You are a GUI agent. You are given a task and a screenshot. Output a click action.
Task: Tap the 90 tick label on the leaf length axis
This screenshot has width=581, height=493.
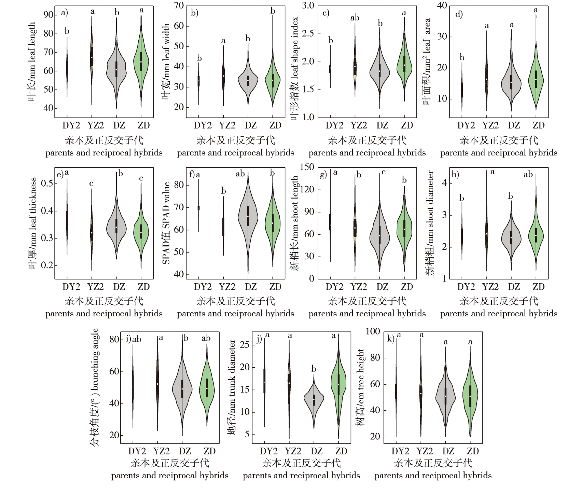49,15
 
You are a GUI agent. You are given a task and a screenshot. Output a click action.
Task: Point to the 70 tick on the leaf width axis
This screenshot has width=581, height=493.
179,6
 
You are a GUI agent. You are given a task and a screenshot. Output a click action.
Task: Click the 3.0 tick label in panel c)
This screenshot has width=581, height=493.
308,6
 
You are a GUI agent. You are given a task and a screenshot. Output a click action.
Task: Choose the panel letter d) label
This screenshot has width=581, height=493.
459,14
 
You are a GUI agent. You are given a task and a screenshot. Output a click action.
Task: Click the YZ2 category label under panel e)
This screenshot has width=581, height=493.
95,287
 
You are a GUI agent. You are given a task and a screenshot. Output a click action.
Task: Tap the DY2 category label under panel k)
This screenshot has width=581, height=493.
400,451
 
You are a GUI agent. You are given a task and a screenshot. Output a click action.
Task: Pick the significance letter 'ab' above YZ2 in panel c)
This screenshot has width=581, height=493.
355,18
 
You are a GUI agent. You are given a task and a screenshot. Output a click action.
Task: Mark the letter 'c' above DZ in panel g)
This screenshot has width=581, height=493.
384,172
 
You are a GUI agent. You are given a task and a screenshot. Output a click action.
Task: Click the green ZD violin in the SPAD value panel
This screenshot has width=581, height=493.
273,222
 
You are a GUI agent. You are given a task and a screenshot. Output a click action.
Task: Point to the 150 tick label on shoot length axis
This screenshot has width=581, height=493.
307,167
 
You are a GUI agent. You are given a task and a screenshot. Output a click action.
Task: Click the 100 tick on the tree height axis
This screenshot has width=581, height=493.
373,331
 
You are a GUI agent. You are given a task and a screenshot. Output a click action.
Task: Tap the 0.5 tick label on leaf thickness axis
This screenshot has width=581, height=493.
47,183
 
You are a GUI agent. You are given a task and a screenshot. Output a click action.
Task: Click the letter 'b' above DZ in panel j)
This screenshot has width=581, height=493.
314,369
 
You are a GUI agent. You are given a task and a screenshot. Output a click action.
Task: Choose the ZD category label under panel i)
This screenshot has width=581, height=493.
209,451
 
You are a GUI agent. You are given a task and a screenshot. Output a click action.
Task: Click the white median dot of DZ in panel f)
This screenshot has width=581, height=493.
248,216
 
